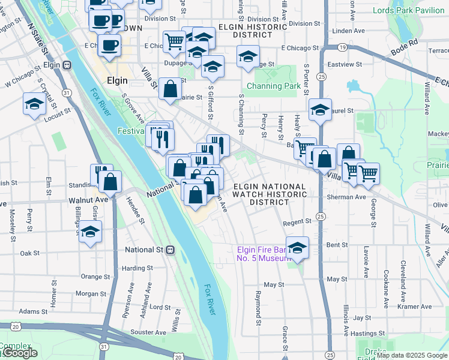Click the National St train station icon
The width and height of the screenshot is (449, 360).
[170, 250]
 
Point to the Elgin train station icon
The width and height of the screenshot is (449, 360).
[68, 62]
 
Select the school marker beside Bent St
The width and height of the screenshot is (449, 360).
[297, 247]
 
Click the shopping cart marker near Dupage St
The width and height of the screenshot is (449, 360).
[174, 41]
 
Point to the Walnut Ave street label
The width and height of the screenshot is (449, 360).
[88, 199]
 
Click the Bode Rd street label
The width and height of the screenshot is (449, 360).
[405, 44]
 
